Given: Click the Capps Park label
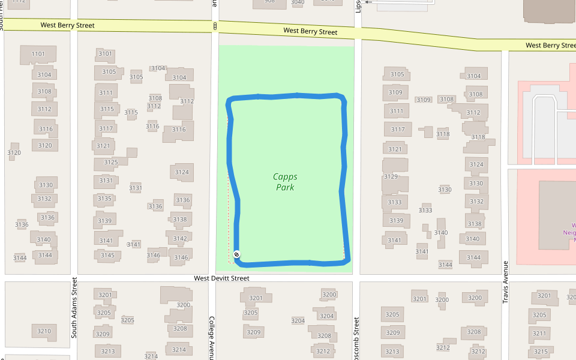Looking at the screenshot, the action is (x=286, y=182).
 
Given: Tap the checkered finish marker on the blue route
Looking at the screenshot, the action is (x=237, y=254).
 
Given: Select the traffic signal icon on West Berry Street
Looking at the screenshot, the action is (x=215, y=26).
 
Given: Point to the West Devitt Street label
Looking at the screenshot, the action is (x=221, y=278).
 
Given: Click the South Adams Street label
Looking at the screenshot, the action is (x=74, y=307).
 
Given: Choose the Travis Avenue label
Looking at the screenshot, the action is (x=505, y=281).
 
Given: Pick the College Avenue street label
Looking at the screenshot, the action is (x=211, y=338).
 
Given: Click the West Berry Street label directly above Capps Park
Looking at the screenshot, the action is (x=310, y=31).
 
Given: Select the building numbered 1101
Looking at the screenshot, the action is (x=38, y=54).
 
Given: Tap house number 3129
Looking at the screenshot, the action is (x=391, y=176).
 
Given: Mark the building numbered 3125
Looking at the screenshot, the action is (x=111, y=162).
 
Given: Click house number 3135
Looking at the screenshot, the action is (x=104, y=199).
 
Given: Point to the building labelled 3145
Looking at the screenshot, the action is (x=107, y=256).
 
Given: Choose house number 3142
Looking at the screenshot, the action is (x=180, y=238).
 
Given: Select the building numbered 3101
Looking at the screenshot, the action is (x=105, y=53).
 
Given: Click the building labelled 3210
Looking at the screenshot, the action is (x=44, y=331).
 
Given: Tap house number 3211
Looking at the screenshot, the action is (x=539, y=333).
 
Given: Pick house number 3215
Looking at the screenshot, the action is (x=541, y=352).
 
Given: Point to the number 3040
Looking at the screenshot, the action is (x=298, y=2).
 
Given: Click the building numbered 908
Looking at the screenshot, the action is (x=269, y=2).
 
